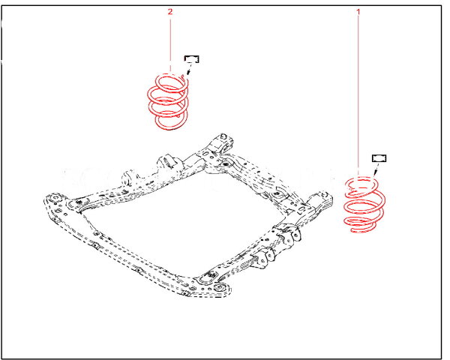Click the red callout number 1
[x=358, y=12]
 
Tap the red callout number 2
[x=170, y=12]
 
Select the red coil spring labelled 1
[x=364, y=205]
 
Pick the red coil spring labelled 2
[x=168, y=101]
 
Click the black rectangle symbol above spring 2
[x=192, y=59]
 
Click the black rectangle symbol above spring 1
[x=379, y=158]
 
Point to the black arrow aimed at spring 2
[x=190, y=69]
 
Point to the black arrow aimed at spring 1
[x=376, y=168]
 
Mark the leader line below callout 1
[x=358, y=95]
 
